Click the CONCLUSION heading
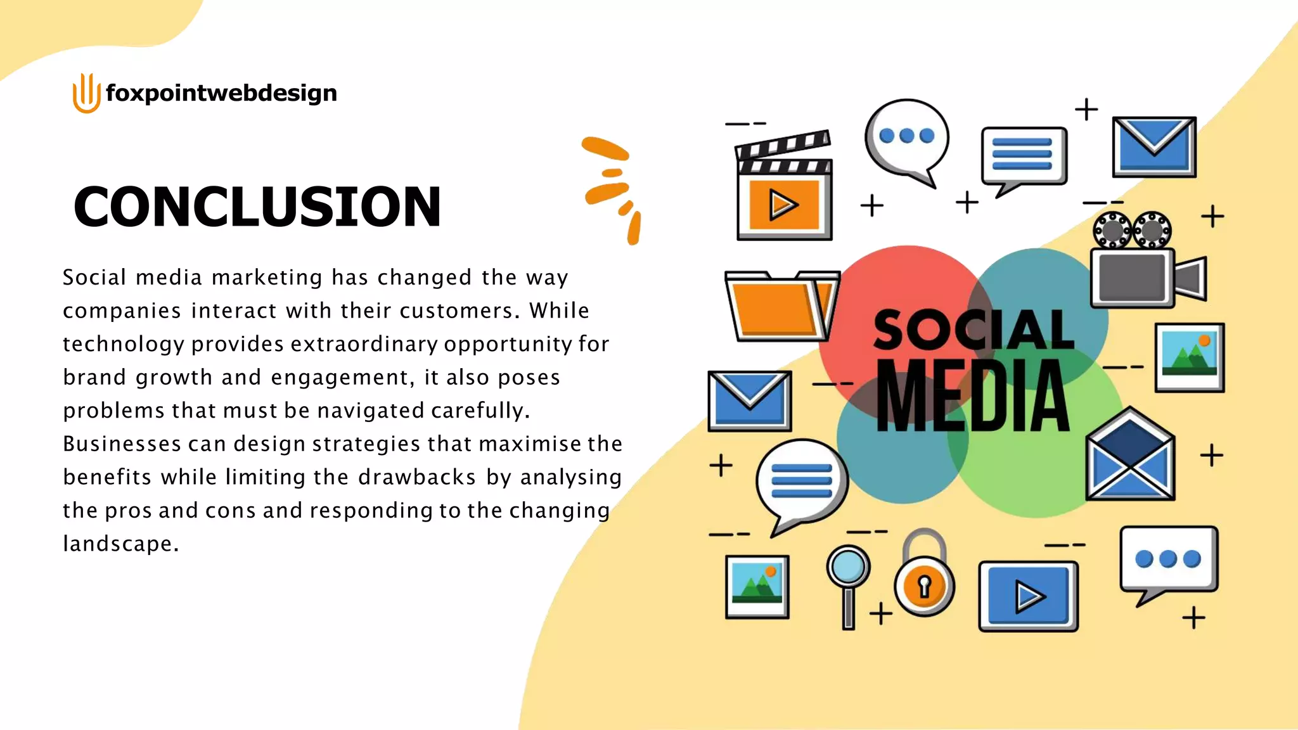(257, 207)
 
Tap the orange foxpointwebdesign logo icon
(86, 93)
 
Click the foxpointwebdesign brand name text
(221, 93)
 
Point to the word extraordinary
(364, 344)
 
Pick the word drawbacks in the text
(416, 477)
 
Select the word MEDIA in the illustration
(973, 396)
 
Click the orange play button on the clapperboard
(784, 205)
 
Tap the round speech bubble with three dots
(907, 138)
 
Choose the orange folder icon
(781, 307)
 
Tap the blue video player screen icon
(1028, 596)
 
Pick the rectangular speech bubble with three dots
(1168, 560)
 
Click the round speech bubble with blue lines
(802, 481)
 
